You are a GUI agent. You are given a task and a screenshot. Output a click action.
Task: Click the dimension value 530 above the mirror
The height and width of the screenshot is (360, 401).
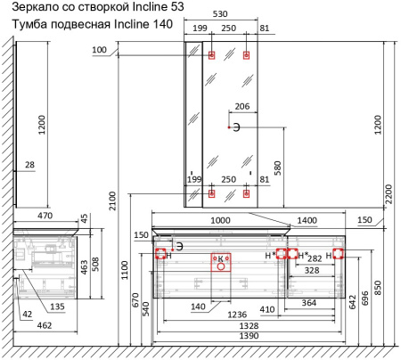220,14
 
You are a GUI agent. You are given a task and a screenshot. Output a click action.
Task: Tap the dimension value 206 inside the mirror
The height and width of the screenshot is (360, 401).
242,106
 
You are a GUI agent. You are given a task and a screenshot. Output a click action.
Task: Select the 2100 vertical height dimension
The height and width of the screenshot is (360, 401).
112,200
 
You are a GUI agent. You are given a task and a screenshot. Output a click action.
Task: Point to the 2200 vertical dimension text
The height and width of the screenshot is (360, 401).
389,194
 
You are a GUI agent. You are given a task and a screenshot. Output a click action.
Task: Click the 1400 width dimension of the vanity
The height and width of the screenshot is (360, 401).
307,220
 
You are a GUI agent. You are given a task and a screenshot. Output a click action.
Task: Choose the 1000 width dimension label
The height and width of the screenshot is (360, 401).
220,220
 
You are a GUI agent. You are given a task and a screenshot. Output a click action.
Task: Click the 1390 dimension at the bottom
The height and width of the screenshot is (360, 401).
249,336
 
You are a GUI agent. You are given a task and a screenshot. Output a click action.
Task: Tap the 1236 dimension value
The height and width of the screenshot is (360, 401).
237,315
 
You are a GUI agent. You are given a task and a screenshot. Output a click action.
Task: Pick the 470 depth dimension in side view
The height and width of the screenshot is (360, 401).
45,216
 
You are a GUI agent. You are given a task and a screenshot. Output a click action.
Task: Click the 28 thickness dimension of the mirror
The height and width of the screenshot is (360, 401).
29,165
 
